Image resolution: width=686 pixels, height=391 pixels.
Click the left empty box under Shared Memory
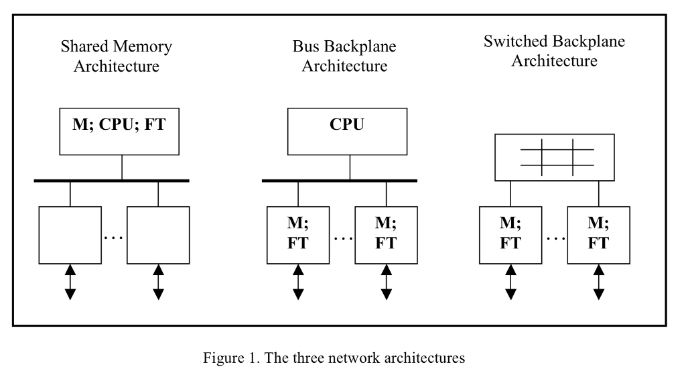70,234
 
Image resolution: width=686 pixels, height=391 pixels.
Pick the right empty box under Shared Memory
158,234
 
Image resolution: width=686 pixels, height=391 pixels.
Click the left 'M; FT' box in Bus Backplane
298,234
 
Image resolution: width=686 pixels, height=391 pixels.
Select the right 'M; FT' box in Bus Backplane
386,234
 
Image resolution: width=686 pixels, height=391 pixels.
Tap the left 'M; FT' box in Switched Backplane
510,234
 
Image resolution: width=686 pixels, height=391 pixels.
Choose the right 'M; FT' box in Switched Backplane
598,234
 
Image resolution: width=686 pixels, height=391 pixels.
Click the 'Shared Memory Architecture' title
117,56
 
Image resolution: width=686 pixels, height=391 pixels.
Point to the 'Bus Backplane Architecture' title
344,56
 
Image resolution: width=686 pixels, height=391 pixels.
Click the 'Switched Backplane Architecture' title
554,51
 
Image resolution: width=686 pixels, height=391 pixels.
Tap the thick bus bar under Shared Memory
111,180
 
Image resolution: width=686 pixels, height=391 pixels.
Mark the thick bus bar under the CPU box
339,180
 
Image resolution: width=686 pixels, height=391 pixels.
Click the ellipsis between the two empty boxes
114,238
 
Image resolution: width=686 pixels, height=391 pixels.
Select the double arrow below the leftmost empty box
70,282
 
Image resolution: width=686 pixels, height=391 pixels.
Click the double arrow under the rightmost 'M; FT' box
598,282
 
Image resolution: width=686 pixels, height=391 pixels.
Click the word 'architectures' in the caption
424,358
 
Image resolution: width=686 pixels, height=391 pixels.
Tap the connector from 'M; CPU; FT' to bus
122,166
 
